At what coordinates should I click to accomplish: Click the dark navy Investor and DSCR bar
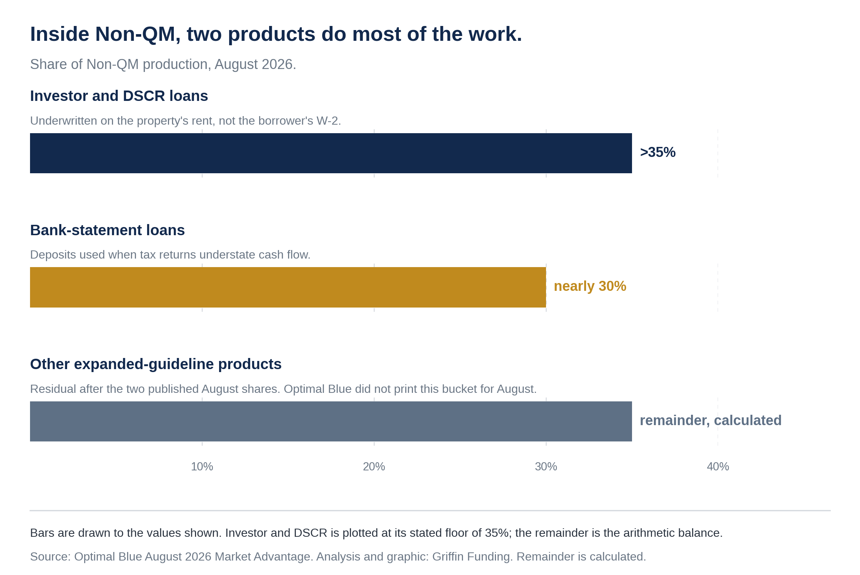click(331, 153)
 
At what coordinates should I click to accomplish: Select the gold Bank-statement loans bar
click(288, 287)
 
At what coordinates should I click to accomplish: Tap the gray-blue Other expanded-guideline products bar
click(331, 421)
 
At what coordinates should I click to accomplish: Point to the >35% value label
click(658, 152)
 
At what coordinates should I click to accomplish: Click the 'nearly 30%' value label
click(590, 286)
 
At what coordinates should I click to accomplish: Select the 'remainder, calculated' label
click(711, 420)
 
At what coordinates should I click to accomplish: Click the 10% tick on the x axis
click(202, 466)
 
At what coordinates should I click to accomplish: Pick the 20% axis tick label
click(374, 466)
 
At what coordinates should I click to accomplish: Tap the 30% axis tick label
click(546, 466)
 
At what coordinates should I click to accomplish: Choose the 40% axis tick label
click(718, 466)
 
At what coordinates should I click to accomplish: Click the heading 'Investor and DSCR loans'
click(119, 96)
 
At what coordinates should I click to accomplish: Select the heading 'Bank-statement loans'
click(107, 230)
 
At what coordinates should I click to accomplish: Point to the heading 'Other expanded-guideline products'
click(156, 364)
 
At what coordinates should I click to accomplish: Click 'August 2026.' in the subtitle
click(255, 65)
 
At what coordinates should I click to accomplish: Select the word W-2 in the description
click(329, 121)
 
